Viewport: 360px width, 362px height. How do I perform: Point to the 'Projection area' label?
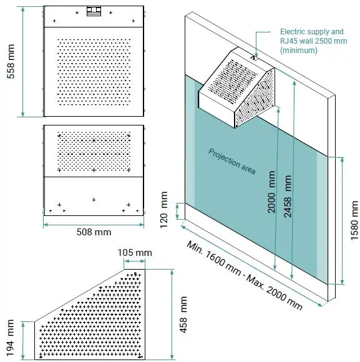pyautogui.click(x=231, y=162)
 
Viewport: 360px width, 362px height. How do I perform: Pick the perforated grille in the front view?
pyautogui.click(x=94, y=150)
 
